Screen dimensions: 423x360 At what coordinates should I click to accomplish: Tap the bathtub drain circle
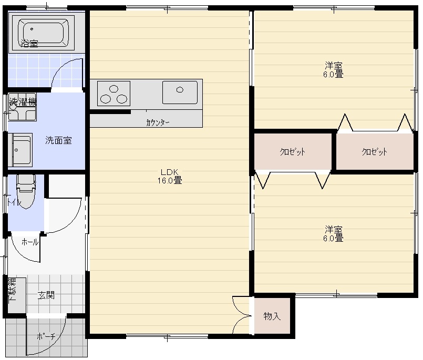pos(32,29)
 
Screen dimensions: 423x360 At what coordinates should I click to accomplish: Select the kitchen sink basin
pos(180,92)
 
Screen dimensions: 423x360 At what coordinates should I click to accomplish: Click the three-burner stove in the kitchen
pos(114,94)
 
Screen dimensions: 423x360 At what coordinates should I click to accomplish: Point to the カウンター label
pos(158,123)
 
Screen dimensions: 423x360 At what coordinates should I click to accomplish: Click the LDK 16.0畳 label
pos(170,176)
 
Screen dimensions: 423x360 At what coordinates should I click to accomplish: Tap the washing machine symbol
pos(22,107)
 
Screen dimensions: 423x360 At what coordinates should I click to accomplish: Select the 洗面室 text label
pos(58,140)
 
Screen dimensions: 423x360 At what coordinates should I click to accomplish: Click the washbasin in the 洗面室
pos(20,150)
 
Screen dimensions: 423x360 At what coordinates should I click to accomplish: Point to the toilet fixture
pos(26,191)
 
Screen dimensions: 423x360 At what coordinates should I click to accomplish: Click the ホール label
pos(29,242)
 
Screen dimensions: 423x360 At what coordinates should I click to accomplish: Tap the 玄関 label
pos(46,295)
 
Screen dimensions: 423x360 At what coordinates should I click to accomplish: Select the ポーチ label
pos(46,336)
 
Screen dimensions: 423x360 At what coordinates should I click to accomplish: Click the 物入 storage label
pos(272,316)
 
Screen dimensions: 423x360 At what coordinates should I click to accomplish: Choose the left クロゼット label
pos(293,152)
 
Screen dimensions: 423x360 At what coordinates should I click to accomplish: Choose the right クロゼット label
pos(375,152)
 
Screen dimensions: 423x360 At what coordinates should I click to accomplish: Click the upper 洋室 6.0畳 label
pos(334,70)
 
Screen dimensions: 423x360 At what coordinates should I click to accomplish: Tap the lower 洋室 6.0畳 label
pos(334,234)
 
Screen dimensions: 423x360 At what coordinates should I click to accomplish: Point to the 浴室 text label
pos(29,43)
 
